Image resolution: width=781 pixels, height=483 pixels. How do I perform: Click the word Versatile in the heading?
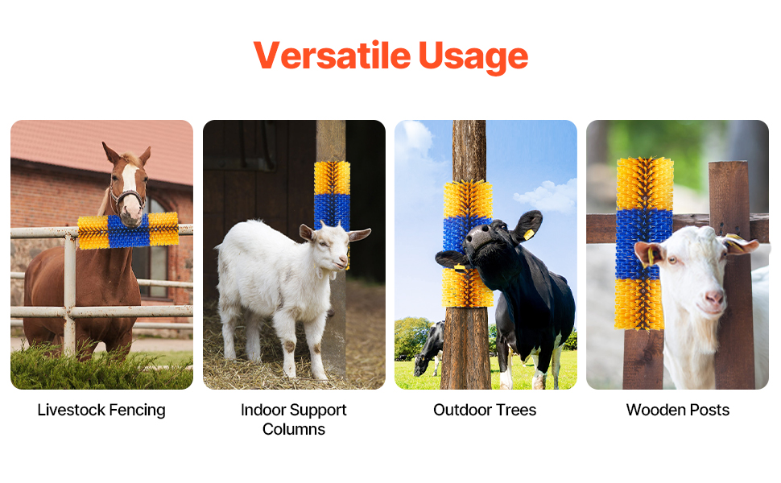332,55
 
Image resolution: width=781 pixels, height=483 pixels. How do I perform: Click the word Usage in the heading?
473,57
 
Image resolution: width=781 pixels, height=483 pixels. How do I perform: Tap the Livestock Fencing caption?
101,411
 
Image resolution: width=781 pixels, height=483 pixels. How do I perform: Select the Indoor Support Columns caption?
293,419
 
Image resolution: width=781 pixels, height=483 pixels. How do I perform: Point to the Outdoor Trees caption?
485,410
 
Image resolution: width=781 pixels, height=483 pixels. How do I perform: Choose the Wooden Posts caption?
677,410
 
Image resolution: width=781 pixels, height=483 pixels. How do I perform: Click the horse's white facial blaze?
130,185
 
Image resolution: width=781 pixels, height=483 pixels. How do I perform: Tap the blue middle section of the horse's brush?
129,231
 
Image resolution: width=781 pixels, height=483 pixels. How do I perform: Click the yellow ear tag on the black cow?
528,234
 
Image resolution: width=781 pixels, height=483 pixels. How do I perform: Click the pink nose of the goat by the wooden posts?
714,299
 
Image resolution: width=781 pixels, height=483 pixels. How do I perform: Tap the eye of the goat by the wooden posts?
672,259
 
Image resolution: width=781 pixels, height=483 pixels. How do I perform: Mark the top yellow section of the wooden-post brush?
645,184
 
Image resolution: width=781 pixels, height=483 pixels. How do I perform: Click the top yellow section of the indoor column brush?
333,178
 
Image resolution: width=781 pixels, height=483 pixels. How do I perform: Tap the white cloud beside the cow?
548,196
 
